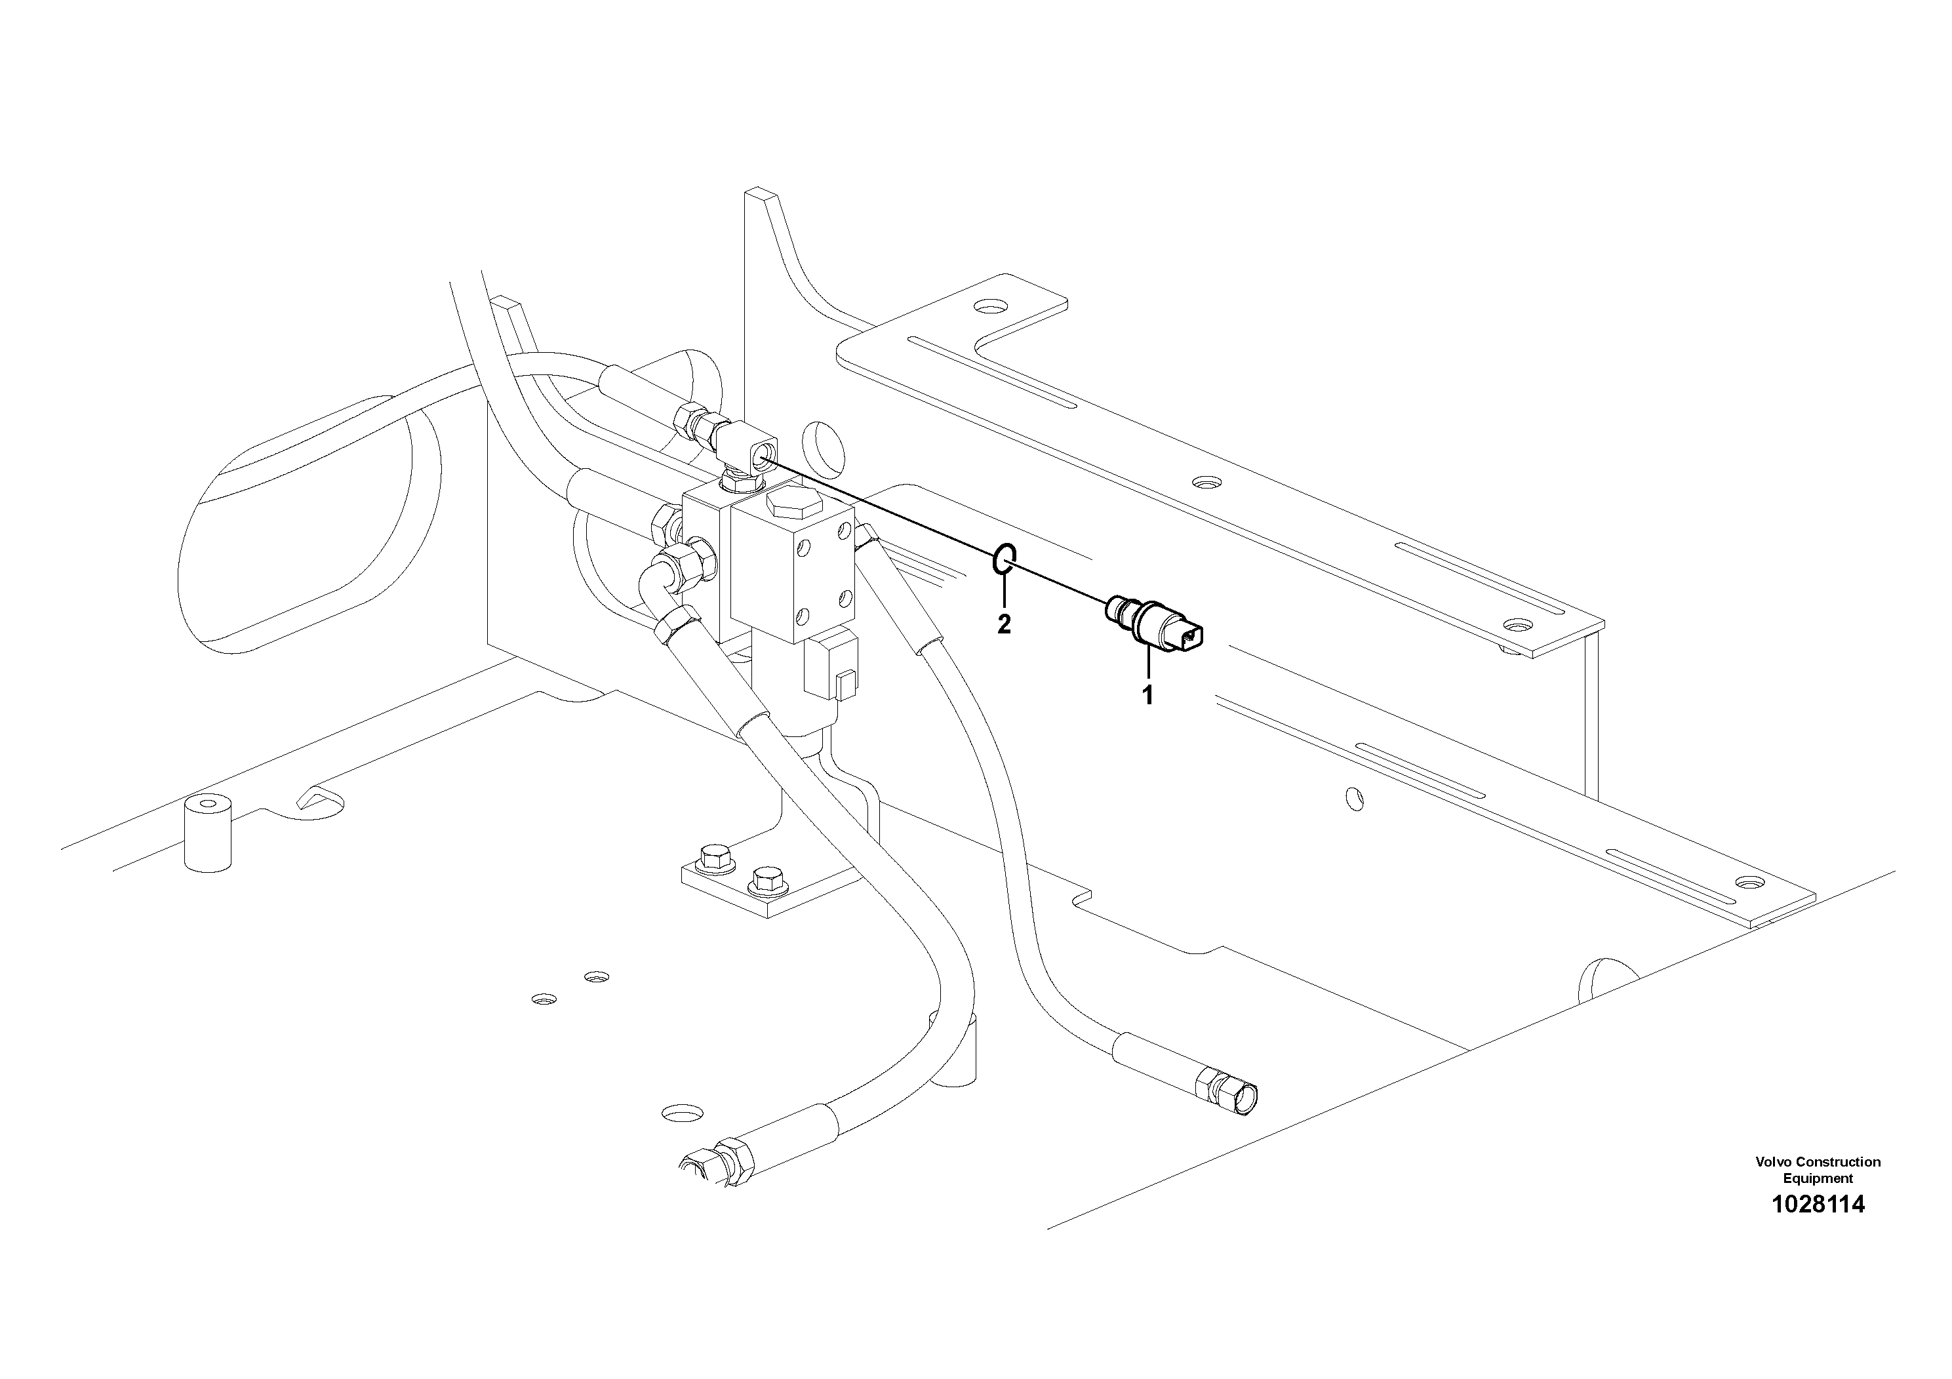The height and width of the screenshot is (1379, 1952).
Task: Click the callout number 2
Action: coord(1004,624)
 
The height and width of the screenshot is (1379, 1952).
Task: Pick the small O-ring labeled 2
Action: coord(1003,559)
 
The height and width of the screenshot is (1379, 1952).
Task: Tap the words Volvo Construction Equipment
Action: coord(1818,1170)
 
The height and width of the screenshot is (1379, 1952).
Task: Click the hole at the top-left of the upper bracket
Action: coord(989,304)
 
